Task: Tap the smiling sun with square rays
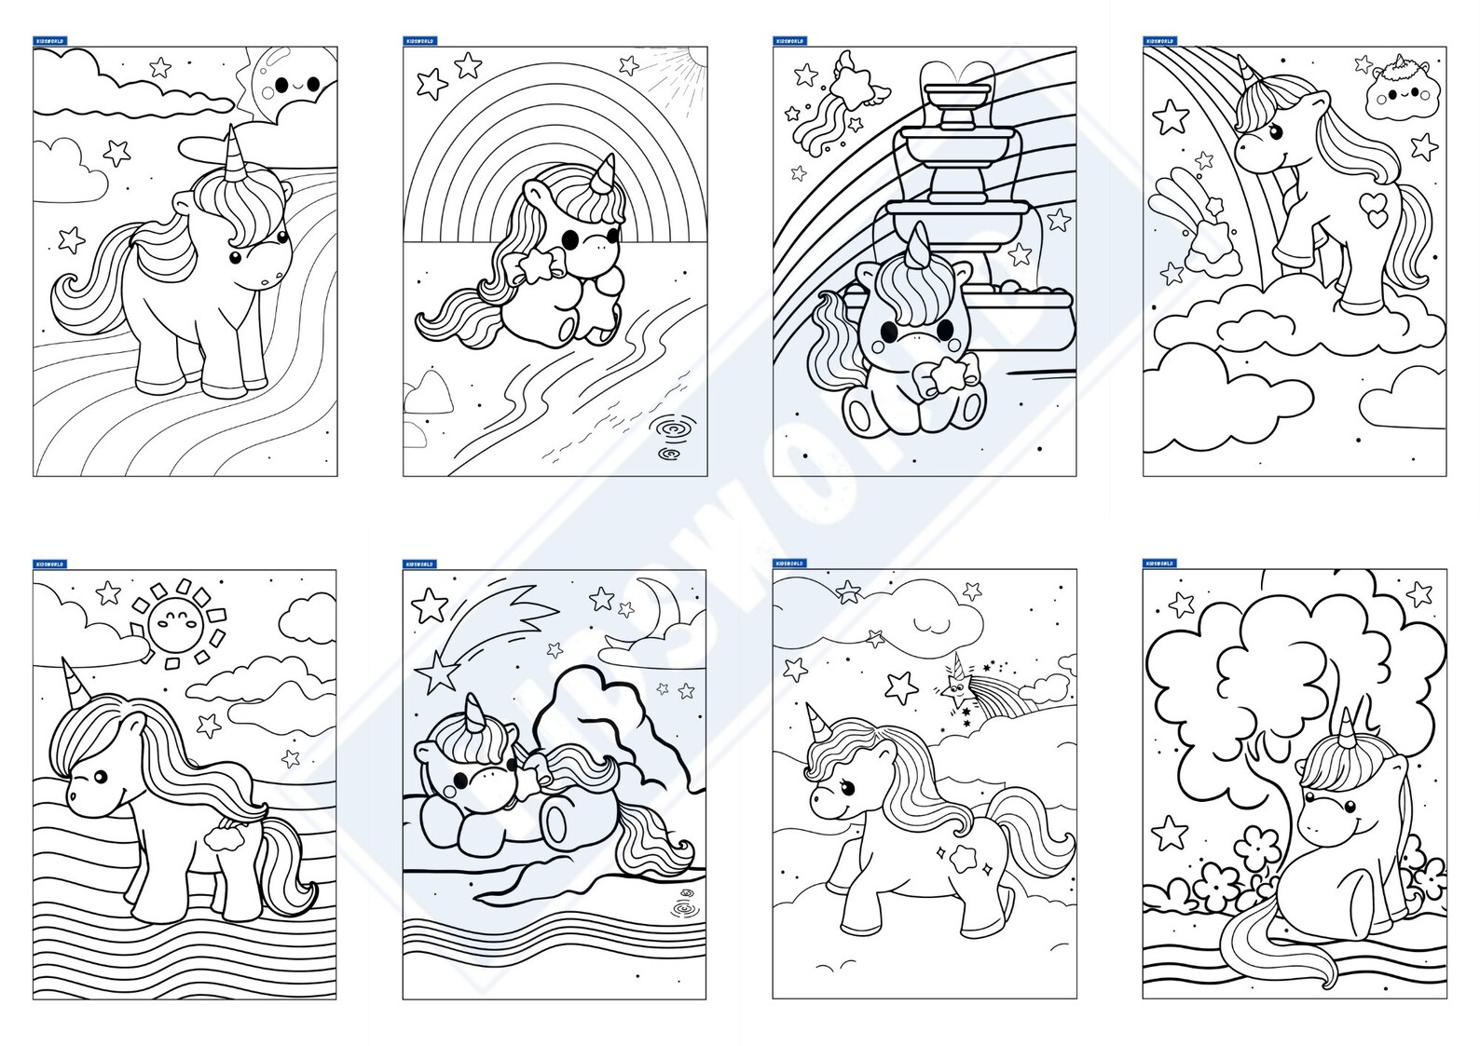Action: coord(177,619)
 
